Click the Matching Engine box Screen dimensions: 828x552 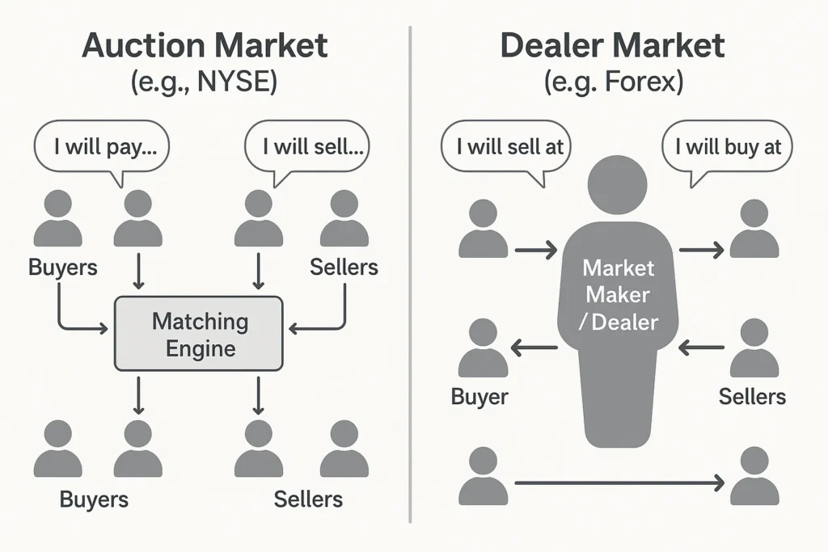tap(199, 334)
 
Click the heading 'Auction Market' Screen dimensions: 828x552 tap(205, 45)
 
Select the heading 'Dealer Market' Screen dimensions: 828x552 tap(613, 45)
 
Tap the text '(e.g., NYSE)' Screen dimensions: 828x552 tap(204, 82)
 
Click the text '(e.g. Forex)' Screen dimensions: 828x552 tap(614, 82)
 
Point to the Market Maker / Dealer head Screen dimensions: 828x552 tap(617, 185)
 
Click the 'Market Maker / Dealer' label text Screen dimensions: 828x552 tap(619, 295)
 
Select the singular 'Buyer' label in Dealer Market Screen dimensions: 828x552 tap(479, 397)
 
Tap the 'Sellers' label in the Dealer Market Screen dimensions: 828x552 tap(752, 397)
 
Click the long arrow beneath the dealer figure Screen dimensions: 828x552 tap(619, 482)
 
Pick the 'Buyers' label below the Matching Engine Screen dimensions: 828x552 tap(94, 499)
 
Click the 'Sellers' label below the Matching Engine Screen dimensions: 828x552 tap(308, 499)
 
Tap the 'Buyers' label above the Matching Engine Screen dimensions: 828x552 tap(63, 267)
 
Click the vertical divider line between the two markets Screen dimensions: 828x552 tap(410, 275)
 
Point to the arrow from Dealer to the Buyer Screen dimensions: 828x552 tap(534, 348)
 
